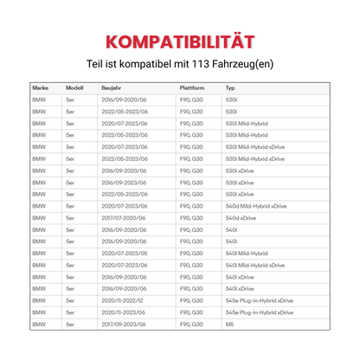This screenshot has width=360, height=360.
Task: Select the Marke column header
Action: tap(40, 88)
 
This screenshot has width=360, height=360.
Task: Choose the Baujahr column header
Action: tap(112, 88)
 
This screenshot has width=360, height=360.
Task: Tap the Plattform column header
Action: tap(192, 88)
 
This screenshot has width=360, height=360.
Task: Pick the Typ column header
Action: tap(230, 88)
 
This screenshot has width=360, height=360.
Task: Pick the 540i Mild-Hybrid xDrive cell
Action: tap(254, 264)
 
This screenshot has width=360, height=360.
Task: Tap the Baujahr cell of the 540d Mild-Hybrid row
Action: tap(125, 206)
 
